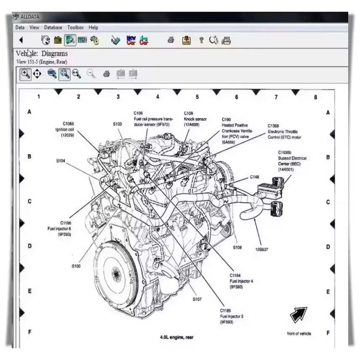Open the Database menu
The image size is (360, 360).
(53, 27)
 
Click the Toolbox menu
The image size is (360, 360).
(76, 27)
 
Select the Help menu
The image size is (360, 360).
(93, 27)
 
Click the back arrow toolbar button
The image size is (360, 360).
(21, 40)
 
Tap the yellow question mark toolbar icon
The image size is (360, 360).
(201, 40)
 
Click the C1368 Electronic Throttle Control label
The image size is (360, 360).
(284, 131)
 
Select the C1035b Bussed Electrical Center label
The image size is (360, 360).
(291, 161)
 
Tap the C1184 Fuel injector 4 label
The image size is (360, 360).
(241, 281)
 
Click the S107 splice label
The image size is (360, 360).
(197, 299)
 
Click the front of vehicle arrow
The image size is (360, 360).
(298, 315)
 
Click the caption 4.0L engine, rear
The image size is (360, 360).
(177, 337)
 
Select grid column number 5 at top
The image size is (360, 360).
(197, 97)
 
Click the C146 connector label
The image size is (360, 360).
(254, 177)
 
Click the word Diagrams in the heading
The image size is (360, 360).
(54, 54)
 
